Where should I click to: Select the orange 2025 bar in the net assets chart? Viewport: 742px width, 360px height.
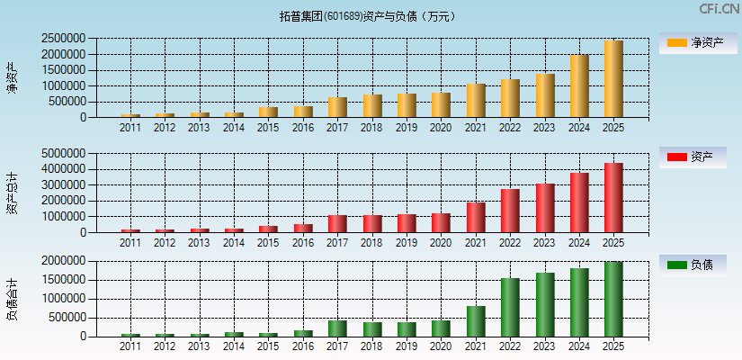613,79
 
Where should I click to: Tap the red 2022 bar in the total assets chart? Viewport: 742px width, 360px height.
510,211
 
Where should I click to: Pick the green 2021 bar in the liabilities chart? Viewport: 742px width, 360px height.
476,321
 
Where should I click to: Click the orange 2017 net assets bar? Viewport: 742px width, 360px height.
337,107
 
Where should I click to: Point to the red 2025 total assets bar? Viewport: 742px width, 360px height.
613,198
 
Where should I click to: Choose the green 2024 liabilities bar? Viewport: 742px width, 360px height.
579,302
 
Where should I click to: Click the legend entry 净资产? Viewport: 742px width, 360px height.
698,42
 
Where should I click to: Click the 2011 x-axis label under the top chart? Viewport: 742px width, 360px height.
130,128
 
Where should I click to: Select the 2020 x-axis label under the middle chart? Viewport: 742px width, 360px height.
441,243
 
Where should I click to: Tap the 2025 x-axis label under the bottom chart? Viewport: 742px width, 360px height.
613,346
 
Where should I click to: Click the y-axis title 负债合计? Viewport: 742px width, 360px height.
12,299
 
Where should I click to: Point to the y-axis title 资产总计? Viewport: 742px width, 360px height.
12,193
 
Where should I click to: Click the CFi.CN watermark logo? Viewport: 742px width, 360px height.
719,9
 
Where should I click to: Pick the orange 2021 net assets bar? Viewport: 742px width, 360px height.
476,101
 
